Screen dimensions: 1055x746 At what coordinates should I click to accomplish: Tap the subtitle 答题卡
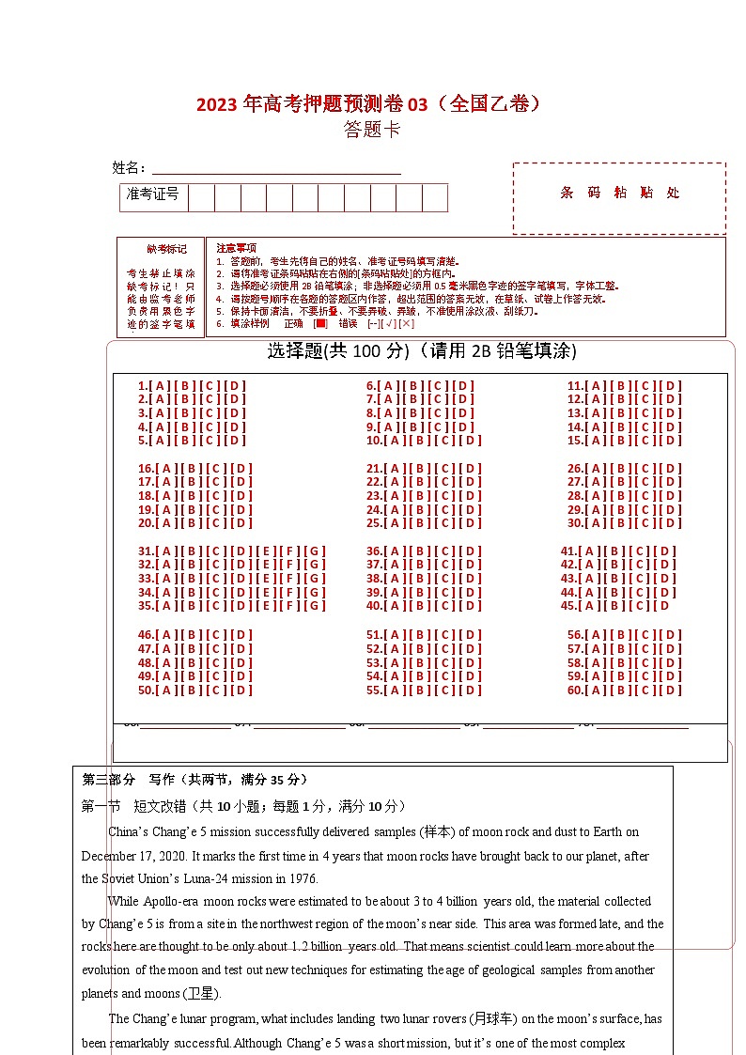pos(372,130)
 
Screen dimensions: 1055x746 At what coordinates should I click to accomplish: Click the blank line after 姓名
pos(276,168)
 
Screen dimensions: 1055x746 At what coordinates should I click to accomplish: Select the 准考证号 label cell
pos(153,197)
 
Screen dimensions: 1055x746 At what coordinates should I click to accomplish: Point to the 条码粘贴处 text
pos(619,193)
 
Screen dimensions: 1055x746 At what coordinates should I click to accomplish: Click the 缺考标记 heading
pos(160,249)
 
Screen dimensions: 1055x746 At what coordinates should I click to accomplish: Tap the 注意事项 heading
pos(236,247)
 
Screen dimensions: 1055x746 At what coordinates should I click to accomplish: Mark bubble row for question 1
pos(192,385)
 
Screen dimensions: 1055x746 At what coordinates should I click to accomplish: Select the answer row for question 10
pos(424,440)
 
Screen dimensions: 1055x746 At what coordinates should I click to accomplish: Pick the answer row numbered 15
pos(624,440)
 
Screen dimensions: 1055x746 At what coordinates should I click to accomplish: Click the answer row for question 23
pos(424,496)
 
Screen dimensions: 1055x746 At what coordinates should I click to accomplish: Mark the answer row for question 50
pos(195,690)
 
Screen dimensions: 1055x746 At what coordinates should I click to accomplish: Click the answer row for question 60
pos(624,690)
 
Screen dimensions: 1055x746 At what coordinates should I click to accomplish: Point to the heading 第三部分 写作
pos(194,780)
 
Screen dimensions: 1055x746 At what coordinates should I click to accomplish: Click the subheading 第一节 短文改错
pos(243,806)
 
